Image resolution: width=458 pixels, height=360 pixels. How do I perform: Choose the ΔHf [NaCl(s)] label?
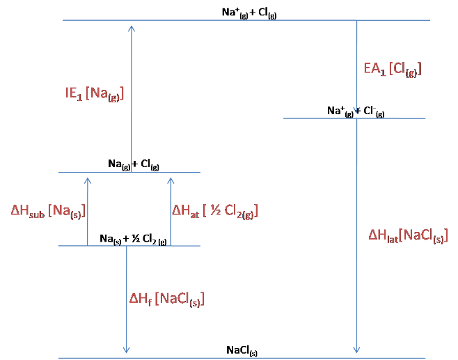[166, 299]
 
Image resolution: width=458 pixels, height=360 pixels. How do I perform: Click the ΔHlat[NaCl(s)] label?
[408, 236]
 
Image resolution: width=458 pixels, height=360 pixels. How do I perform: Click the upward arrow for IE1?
[132, 97]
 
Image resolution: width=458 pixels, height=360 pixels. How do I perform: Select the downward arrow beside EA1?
[356, 66]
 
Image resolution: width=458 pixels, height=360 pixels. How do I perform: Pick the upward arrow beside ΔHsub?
[88, 209]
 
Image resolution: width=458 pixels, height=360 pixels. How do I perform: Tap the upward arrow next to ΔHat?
[171, 209]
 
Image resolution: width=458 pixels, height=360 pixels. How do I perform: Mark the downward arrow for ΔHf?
[126, 299]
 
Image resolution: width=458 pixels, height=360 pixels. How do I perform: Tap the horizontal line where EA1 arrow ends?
[354, 118]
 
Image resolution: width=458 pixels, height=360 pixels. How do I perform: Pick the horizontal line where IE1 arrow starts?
[129, 172]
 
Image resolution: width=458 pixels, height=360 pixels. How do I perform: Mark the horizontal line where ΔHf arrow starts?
[129, 245]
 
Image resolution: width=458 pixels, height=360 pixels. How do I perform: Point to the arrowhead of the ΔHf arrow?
[126, 350]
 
